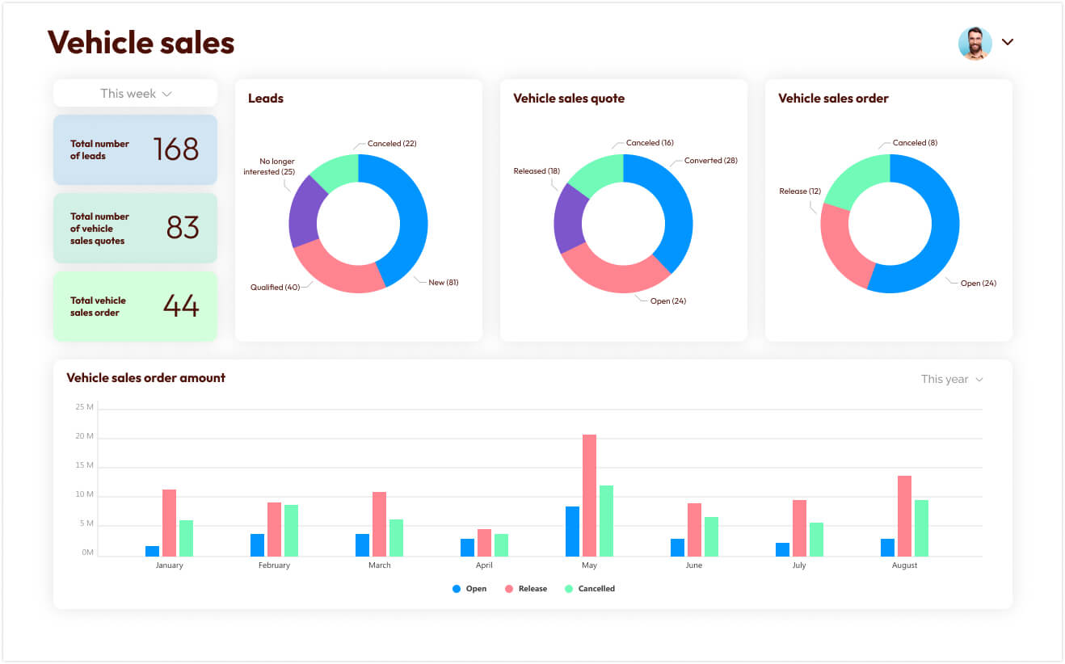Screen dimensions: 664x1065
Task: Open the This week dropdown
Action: (136, 94)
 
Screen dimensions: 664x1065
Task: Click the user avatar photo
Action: (974, 43)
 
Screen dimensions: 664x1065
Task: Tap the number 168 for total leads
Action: (175, 149)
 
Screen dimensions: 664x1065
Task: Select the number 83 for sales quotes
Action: (183, 228)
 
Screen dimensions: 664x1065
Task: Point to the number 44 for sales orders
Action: (181, 305)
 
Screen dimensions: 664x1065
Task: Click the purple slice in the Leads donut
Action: (304, 212)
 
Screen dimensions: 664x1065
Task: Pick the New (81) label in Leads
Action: (443, 282)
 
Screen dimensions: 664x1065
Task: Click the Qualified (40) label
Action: (275, 287)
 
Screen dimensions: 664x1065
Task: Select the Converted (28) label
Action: (710, 161)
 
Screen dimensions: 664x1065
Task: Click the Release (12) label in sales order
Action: (799, 191)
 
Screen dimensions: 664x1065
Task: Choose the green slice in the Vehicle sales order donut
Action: (855, 180)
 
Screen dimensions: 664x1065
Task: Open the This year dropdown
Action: (952, 379)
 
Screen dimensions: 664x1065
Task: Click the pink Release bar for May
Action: (589, 494)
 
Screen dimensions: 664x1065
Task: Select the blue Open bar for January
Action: (152, 551)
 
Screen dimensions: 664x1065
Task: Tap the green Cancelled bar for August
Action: (921, 527)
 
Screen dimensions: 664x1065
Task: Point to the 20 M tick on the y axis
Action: (84, 436)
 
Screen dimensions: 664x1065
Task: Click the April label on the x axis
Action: (484, 565)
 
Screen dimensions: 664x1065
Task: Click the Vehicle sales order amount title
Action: (145, 377)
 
